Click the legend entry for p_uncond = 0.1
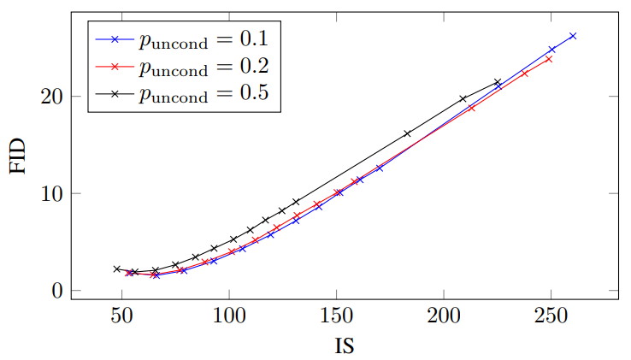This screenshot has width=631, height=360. click(182, 39)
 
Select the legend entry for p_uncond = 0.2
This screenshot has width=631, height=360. click(182, 67)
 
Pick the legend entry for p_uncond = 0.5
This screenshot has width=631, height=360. click(182, 93)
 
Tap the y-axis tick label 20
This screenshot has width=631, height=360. click(52, 97)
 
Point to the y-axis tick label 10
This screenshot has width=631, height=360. click(52, 194)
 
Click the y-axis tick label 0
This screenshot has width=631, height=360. click(57, 291)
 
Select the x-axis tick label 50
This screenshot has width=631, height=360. click(122, 316)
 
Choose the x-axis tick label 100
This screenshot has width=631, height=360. click(229, 316)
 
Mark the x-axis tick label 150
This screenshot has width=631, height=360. click(336, 316)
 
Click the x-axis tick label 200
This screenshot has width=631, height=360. click(444, 316)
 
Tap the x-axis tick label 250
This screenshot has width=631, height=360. click(551, 316)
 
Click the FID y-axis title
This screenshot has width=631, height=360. click(18, 156)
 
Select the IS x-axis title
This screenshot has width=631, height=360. click(345, 345)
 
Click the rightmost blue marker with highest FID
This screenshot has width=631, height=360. click(573, 36)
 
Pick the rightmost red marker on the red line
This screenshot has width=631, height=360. click(549, 59)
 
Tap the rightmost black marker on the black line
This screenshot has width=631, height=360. click(498, 82)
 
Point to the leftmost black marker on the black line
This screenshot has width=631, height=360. click(117, 269)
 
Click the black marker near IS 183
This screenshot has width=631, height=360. click(407, 133)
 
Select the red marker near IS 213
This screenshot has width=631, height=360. click(472, 108)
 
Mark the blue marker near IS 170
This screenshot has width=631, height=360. click(380, 168)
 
